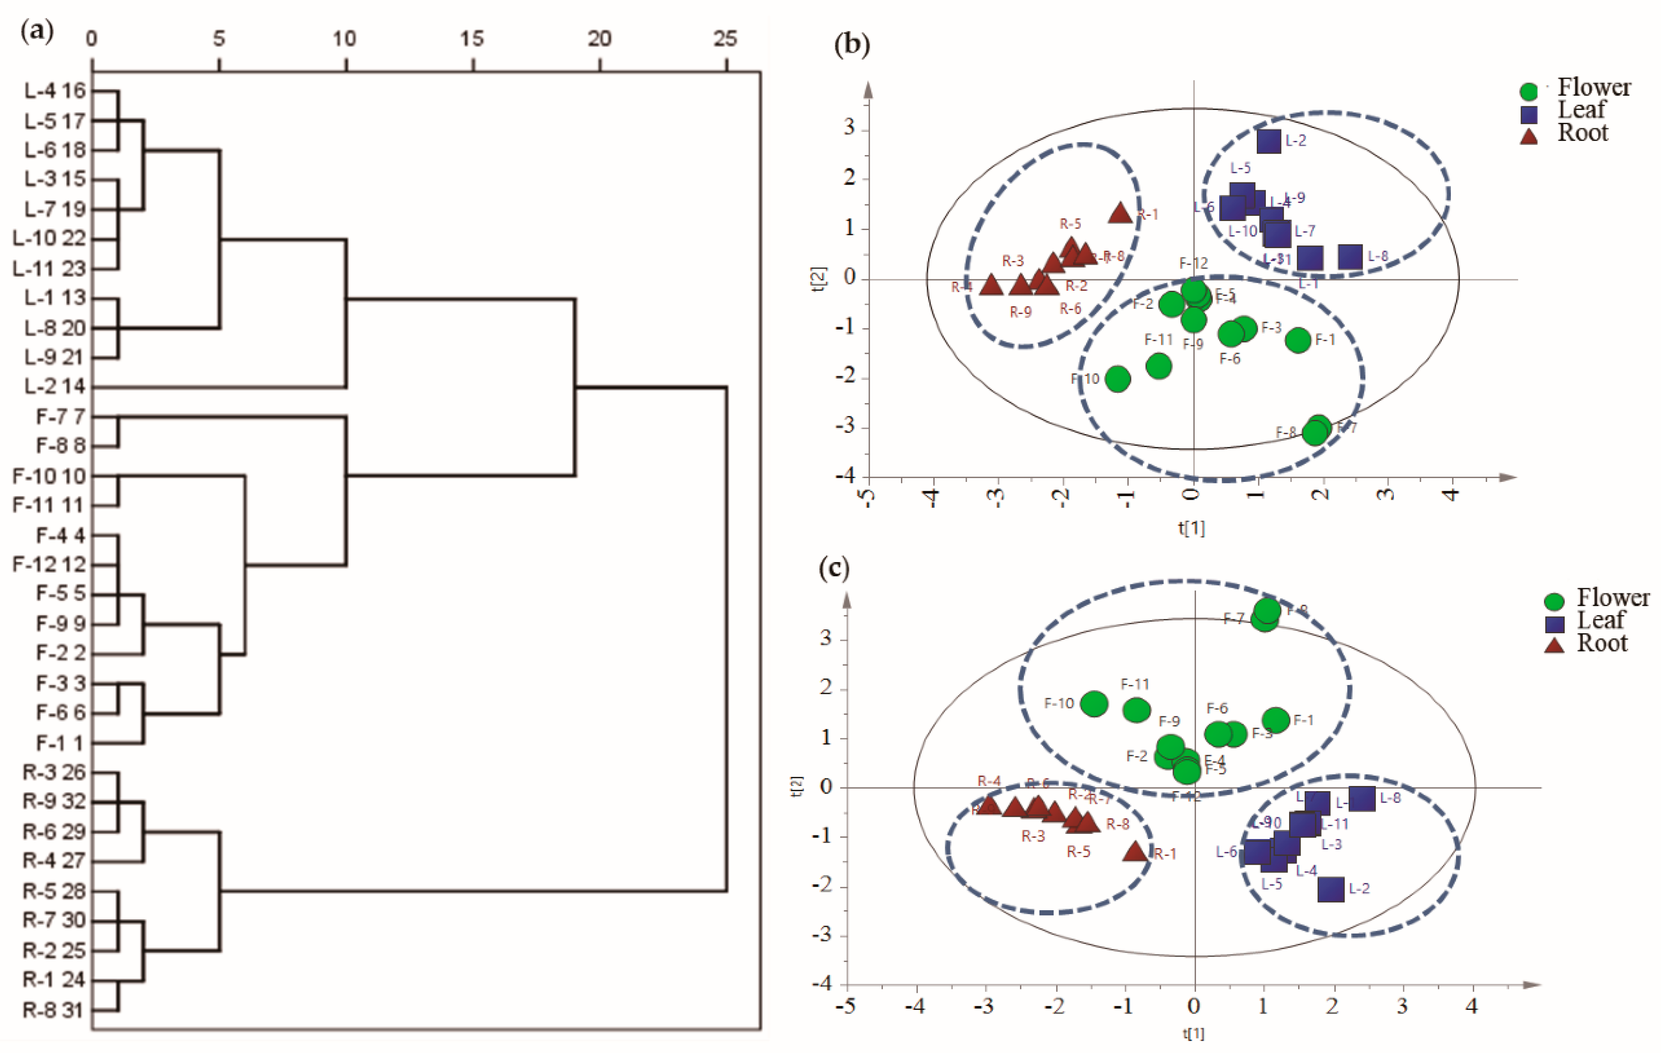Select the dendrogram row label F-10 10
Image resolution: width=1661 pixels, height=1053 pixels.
point(49,476)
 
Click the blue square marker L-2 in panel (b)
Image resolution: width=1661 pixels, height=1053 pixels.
point(1269,141)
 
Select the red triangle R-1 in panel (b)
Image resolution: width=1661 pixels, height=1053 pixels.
point(1120,213)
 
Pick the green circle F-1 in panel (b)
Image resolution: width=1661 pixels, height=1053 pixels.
point(1298,339)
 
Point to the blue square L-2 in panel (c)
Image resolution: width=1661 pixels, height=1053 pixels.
point(1331,889)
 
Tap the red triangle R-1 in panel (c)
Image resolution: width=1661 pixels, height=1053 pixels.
point(1135,851)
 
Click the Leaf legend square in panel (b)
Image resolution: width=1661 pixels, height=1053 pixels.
point(1529,114)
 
